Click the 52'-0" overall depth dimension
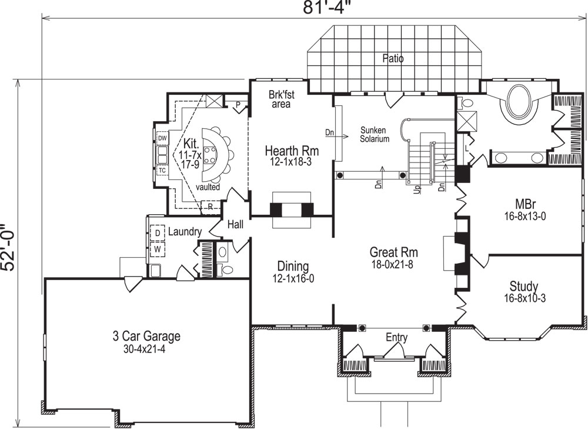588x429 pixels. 8,248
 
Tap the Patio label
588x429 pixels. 393,58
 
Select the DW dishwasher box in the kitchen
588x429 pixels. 162,138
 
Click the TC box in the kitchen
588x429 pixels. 162,170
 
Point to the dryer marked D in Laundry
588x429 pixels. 157,233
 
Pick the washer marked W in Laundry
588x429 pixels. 157,249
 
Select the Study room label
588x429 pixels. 523,287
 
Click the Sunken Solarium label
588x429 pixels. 375,135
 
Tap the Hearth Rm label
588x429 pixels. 288,149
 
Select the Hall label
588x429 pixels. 235,224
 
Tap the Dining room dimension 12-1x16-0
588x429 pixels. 293,278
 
